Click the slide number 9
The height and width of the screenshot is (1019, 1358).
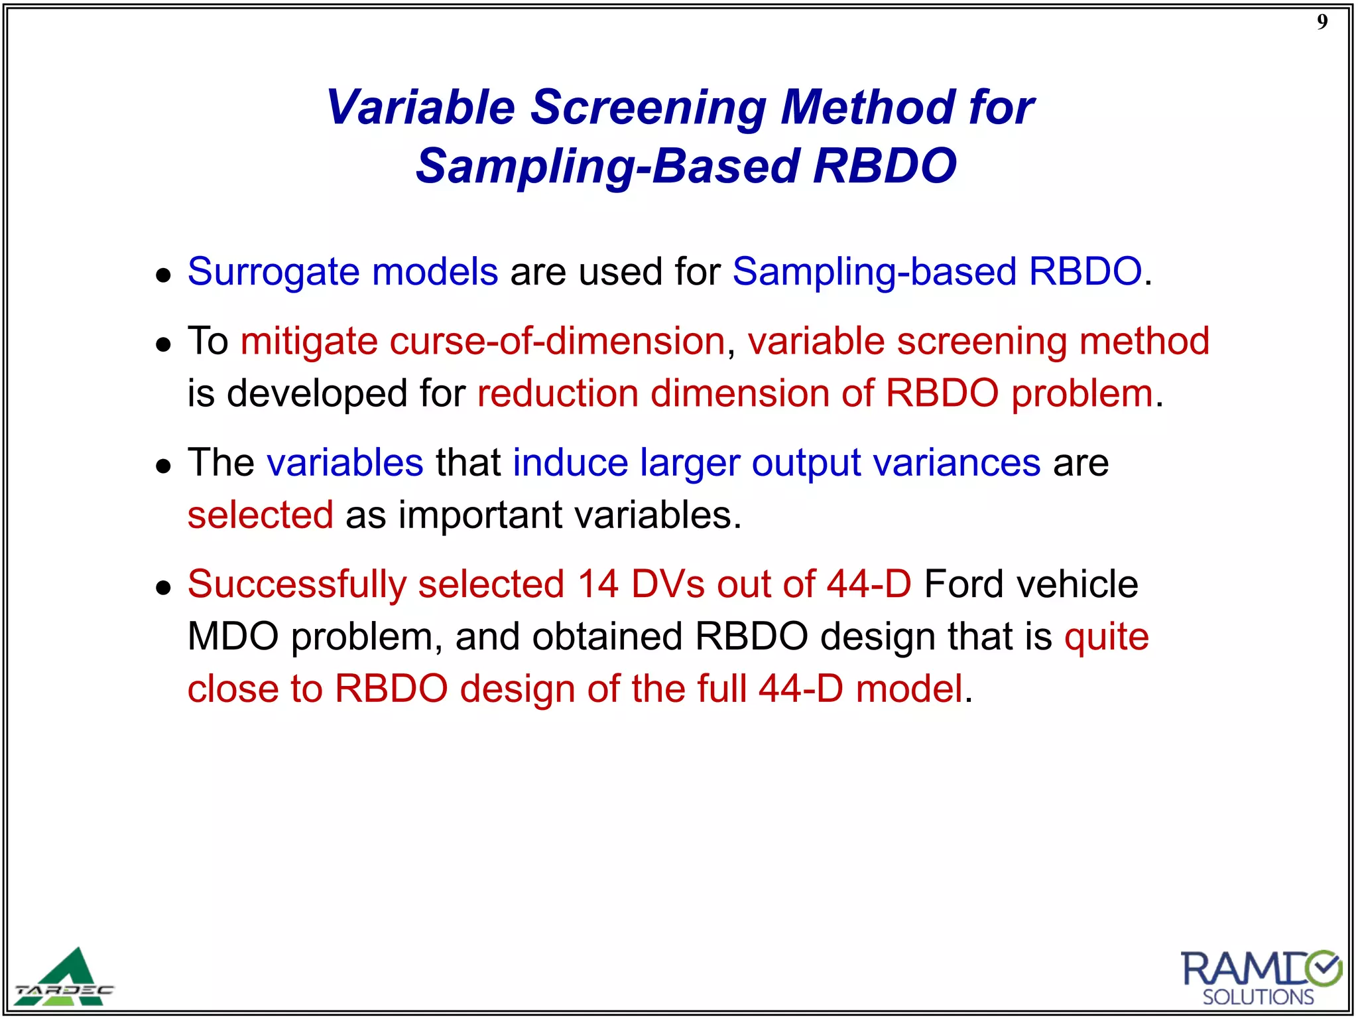pyautogui.click(x=1322, y=23)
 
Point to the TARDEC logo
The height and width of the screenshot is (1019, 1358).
pyautogui.click(x=65, y=979)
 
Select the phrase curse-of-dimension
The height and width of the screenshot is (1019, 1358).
pyautogui.click(x=557, y=342)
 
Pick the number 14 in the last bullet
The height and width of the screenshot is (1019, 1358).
pyautogui.click(x=597, y=584)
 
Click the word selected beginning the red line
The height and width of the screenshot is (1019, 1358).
pyautogui.click(x=260, y=515)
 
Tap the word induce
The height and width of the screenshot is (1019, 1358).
pyautogui.click(x=570, y=463)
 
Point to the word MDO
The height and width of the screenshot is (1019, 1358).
pyautogui.click(x=233, y=637)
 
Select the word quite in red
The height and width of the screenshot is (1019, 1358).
pyautogui.click(x=1106, y=637)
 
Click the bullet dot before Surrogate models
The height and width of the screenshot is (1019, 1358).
pyautogui.click(x=163, y=275)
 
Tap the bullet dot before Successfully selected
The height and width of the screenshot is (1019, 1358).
pyautogui.click(x=163, y=587)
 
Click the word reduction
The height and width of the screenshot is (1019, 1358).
pyautogui.click(x=558, y=394)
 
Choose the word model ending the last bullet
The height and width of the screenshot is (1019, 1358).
pyautogui.click(x=908, y=689)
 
